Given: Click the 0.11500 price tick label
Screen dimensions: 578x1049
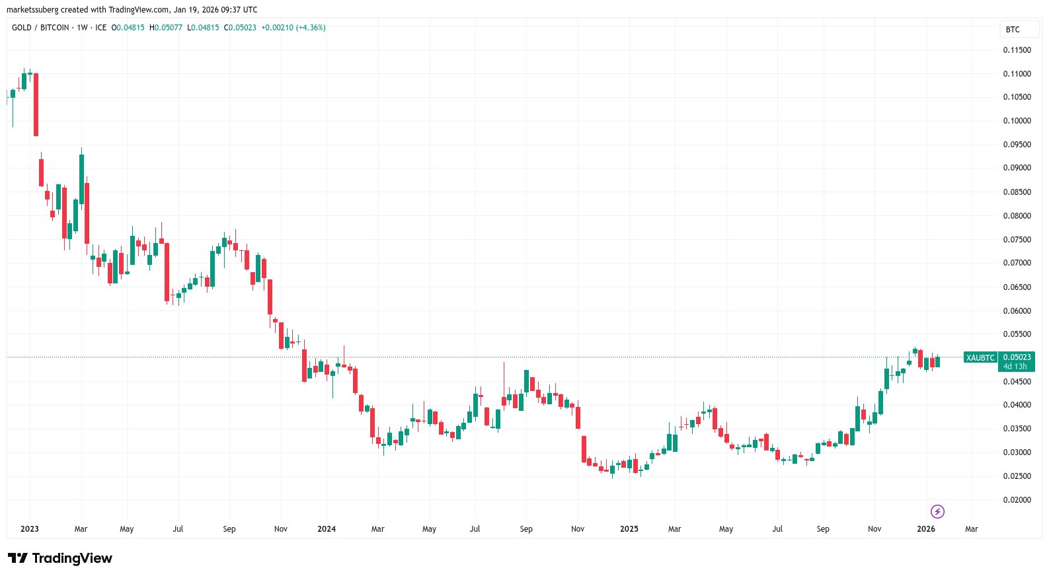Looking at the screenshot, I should pos(1017,50).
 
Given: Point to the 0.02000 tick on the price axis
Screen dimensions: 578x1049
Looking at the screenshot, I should pos(1017,500).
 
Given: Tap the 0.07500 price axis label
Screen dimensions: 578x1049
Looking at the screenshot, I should pos(1017,240).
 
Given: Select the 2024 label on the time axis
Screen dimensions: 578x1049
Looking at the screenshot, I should pos(327,529).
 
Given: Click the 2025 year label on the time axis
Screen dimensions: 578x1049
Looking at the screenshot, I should pos(629,529).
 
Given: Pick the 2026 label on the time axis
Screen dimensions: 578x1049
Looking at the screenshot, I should pos(926,529).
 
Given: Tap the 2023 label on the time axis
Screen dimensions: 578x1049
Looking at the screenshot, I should pos(30,529).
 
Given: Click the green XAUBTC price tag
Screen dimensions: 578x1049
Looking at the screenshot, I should pos(980,358).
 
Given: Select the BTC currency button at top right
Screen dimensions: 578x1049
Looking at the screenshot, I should pos(1013,30).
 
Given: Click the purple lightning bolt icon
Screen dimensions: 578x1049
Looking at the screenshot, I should pos(937,511).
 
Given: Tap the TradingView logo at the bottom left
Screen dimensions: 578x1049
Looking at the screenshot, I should pos(60,559).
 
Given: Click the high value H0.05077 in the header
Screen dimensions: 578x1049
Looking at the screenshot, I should pos(166,28).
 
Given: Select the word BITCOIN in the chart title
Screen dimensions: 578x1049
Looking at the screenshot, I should pos(55,28).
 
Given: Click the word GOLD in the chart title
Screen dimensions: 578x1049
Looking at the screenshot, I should pos(22,28).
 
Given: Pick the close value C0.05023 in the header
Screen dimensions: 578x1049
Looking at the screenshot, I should pos(240,28).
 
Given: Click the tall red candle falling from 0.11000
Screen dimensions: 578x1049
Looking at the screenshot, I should pos(36,104).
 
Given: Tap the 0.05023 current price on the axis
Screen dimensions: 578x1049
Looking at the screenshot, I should pos(1017,357).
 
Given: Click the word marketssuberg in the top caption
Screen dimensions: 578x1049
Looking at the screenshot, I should pos(32,10).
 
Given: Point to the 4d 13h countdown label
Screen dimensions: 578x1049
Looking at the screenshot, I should pos(1015,367).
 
